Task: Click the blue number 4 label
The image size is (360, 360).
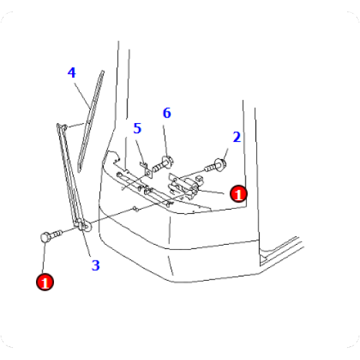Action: click(72, 73)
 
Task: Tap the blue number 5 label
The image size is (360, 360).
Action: click(137, 128)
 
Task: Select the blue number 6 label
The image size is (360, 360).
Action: click(166, 113)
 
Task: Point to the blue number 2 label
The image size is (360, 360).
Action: click(237, 136)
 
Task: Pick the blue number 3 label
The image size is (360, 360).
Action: click(95, 265)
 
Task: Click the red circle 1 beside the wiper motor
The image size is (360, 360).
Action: click(238, 192)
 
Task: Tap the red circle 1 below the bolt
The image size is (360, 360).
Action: click(45, 282)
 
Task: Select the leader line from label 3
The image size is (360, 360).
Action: click(89, 245)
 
